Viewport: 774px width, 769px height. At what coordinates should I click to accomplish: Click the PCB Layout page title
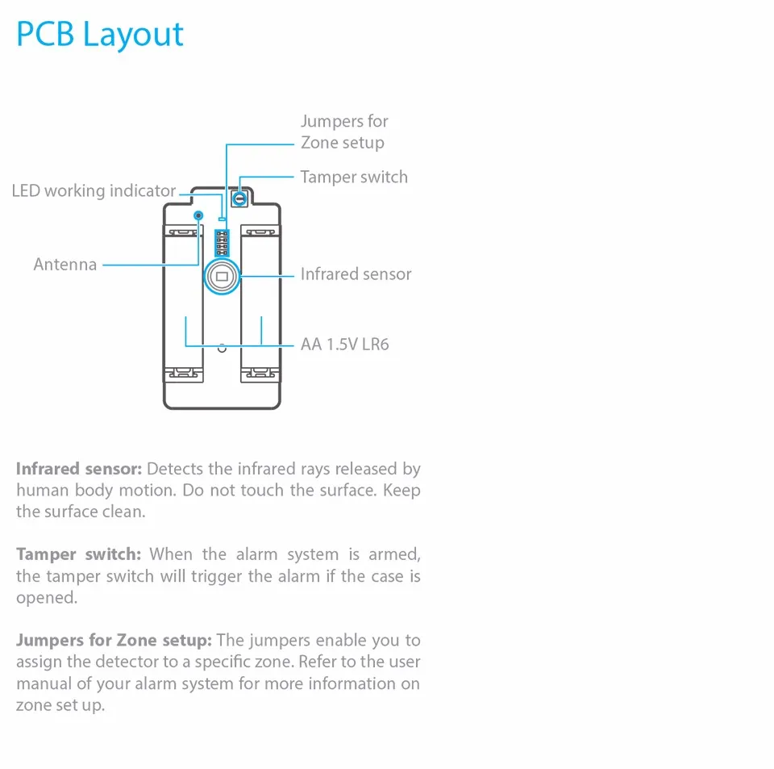(100, 35)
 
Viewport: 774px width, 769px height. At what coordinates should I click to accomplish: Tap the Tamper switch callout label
(354, 177)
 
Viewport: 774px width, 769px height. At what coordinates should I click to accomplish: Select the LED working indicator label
(94, 191)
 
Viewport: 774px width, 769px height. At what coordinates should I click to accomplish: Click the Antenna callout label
(65, 264)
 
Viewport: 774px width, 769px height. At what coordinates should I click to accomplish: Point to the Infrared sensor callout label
(356, 274)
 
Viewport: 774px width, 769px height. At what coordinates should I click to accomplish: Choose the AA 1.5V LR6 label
(344, 345)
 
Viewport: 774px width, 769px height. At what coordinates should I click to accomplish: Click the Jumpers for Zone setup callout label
(344, 132)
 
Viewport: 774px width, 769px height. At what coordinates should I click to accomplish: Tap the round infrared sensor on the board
(222, 276)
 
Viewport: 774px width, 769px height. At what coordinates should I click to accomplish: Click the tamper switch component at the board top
(239, 197)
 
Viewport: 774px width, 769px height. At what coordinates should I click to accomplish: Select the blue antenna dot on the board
(199, 215)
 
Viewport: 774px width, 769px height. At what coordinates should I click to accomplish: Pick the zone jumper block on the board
(222, 242)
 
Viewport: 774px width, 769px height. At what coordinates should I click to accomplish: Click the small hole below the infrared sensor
(222, 348)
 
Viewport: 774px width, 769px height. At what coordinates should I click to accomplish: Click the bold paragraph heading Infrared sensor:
(79, 469)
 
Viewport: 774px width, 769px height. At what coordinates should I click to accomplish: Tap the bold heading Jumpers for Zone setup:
(114, 641)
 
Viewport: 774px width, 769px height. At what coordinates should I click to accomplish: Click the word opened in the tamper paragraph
(46, 598)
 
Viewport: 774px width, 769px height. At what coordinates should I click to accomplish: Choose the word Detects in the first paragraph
(175, 469)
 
